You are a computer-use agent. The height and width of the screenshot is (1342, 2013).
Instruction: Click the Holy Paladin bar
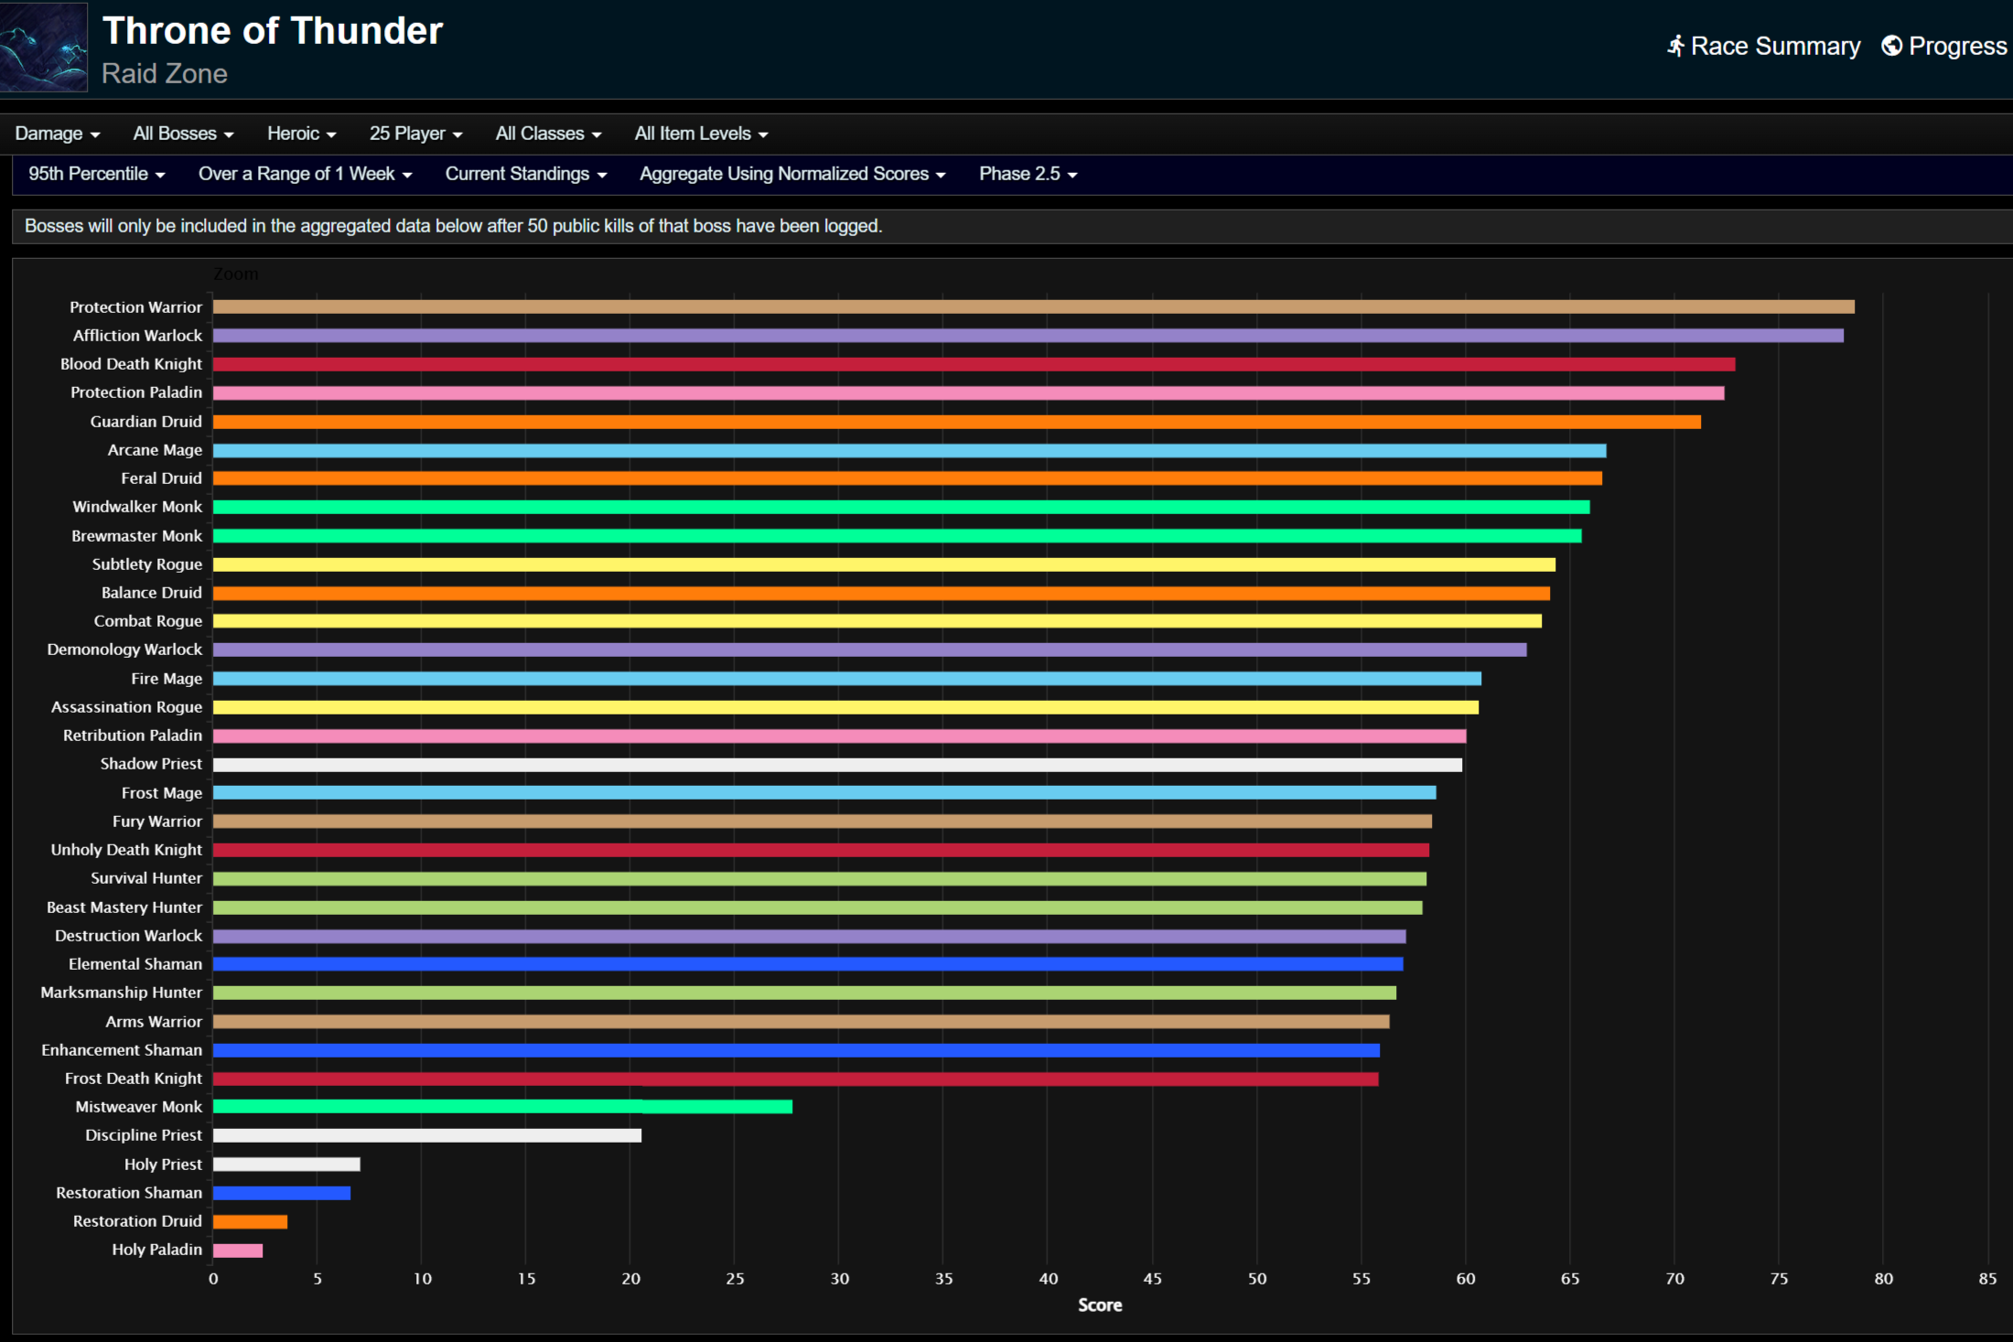click(238, 1251)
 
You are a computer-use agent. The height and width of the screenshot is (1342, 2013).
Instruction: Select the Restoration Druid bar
click(250, 1222)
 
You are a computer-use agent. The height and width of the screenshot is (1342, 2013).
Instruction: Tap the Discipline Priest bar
click(426, 1136)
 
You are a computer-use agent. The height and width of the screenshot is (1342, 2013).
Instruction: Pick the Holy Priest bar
click(286, 1165)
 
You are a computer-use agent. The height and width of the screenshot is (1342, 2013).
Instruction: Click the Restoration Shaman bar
click(282, 1193)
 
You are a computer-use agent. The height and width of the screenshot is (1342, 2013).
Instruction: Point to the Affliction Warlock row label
click(137, 336)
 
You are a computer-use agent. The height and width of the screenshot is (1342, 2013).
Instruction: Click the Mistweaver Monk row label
click(138, 1107)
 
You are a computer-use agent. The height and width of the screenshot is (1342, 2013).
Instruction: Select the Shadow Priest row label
click(151, 764)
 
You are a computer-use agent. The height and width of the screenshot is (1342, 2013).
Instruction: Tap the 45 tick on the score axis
click(1152, 1279)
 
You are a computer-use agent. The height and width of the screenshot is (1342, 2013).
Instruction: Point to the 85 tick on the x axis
click(1986, 1279)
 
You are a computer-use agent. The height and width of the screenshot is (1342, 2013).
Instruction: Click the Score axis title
click(1099, 1305)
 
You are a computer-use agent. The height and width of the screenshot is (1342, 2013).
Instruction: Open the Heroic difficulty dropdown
click(301, 134)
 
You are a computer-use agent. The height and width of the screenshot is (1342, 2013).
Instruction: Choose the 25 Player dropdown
click(415, 134)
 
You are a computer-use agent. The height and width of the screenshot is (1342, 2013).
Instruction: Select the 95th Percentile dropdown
click(96, 174)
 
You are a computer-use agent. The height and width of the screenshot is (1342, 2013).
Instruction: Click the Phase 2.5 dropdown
click(1028, 174)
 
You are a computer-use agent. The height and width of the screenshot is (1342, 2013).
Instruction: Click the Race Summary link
click(1763, 46)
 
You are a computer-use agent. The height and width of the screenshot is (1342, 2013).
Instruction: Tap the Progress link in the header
click(1944, 46)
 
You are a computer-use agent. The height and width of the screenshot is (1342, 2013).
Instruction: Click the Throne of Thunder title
click(273, 31)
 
